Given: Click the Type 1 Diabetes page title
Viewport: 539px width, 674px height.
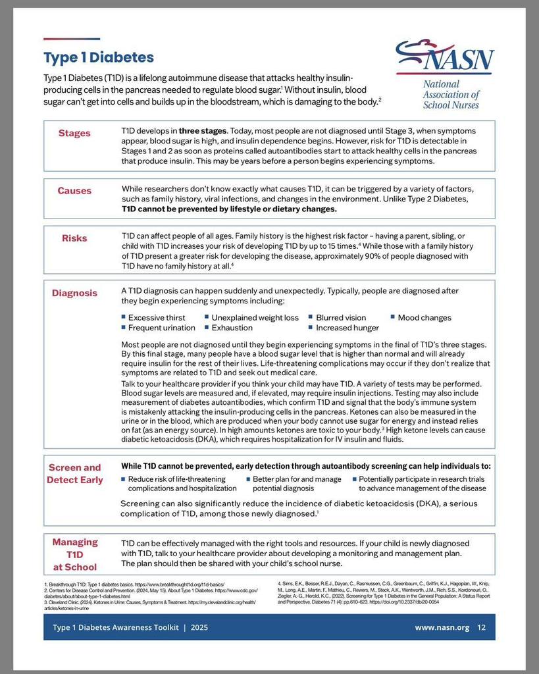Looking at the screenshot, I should tap(99, 58).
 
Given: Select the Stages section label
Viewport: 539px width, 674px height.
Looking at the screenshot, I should tap(74, 133).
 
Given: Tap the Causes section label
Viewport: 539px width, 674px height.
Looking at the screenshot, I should tap(74, 191).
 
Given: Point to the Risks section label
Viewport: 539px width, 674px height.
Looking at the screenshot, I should tap(74, 238).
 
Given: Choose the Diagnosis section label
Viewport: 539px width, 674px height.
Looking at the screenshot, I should tap(74, 293).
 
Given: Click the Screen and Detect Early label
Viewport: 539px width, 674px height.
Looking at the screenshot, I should tap(74, 474).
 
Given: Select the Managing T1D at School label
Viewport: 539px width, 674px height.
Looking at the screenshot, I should tap(74, 554).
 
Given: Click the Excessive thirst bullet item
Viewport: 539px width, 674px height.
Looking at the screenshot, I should tap(157, 318).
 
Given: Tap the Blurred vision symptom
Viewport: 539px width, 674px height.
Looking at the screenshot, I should tap(341, 318).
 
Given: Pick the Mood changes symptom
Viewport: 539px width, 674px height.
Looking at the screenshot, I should tap(424, 318).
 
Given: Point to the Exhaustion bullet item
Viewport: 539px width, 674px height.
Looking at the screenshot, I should tap(232, 328).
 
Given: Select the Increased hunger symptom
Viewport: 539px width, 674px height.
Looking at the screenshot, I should tap(347, 328).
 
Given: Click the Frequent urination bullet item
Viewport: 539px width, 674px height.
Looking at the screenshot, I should tap(161, 328).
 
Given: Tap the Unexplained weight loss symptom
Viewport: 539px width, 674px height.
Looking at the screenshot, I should tap(255, 318).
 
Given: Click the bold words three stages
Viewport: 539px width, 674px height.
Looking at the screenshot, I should tap(203, 130).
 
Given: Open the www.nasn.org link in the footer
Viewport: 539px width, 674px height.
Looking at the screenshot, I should tap(442, 627).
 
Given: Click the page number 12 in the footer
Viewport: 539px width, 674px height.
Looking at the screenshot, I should tap(481, 627).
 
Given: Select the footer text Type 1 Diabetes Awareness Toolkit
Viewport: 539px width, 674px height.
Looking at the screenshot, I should tap(116, 627).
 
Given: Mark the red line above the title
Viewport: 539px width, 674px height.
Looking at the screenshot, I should tap(72, 39).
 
